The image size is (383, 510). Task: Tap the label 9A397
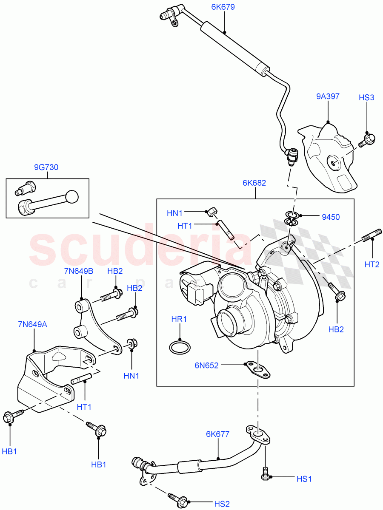(328, 96)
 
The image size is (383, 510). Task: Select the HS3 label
(366, 98)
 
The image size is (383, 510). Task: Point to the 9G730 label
(46, 167)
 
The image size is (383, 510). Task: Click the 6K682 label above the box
(254, 183)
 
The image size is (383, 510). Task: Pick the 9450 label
(331, 217)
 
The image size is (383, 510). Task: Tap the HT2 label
(372, 264)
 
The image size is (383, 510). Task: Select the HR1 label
(179, 319)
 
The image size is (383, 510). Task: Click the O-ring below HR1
(177, 348)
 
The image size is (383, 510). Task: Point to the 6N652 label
(206, 365)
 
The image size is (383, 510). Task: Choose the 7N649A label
(33, 325)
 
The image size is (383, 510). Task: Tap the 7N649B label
(79, 271)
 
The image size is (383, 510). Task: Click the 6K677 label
(217, 434)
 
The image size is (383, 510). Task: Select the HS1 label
(304, 479)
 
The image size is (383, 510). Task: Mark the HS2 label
(222, 504)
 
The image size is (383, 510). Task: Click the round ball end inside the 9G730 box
(72, 197)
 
